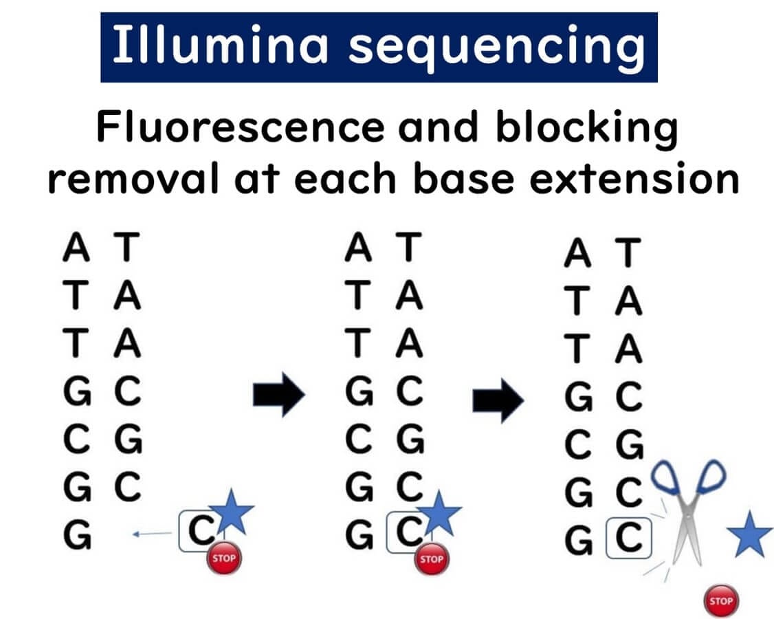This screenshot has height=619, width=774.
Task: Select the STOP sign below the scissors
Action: point(721,601)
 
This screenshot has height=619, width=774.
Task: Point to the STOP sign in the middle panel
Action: point(431,558)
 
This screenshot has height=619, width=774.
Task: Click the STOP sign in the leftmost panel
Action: point(223,558)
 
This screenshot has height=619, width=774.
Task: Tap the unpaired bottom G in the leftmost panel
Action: point(78,533)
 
